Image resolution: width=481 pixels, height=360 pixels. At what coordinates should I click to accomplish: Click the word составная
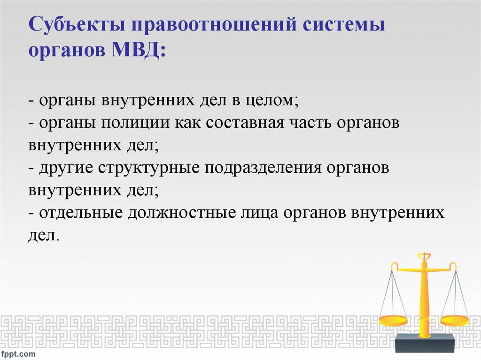click(x=236, y=123)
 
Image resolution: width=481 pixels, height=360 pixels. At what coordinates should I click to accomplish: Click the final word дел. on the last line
click(x=44, y=236)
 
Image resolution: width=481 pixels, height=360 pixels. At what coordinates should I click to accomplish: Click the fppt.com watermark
click(x=18, y=353)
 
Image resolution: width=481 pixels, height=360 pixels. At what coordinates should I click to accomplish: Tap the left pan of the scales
click(x=393, y=320)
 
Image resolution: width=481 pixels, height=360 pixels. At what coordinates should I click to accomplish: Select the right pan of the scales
click(x=454, y=321)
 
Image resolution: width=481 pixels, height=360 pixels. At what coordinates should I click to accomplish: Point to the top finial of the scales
click(x=424, y=256)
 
